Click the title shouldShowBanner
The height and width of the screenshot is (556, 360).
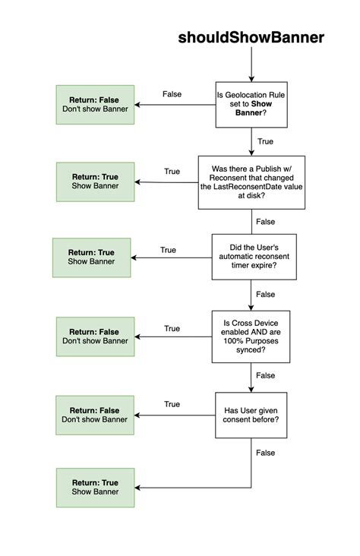click(251, 37)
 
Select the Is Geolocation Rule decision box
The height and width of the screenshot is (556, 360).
click(251, 105)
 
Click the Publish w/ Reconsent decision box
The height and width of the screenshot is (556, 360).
click(251, 182)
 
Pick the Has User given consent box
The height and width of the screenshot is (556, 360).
click(251, 415)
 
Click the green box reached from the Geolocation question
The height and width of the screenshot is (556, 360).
click(95, 105)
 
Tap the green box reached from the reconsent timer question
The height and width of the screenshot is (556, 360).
click(91, 257)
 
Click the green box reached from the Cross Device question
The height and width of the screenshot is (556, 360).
click(95, 336)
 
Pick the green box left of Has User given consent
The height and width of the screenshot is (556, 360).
click(95, 414)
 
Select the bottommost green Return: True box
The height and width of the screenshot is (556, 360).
click(95, 487)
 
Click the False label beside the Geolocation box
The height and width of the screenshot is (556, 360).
click(172, 94)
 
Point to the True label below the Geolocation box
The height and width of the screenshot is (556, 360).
click(265, 141)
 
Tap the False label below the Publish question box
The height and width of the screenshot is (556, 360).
click(266, 222)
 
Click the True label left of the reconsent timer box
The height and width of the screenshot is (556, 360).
click(168, 250)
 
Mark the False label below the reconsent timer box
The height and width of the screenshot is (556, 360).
click(266, 294)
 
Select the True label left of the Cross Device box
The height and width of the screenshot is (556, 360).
click(172, 329)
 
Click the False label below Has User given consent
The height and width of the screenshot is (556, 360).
click(266, 453)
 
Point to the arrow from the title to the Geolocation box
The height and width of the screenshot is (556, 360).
click(251, 65)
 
